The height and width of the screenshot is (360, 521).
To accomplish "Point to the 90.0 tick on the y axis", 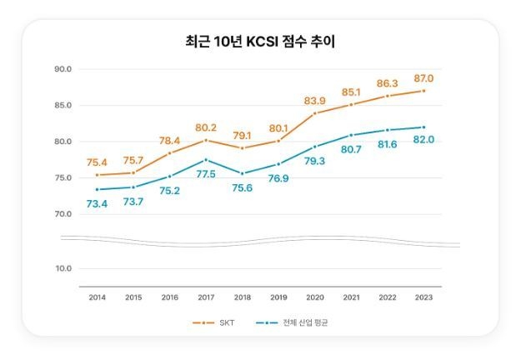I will click(x=63, y=68).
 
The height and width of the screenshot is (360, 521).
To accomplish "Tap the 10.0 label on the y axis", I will click(x=63, y=268).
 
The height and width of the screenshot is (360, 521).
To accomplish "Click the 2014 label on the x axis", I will click(x=98, y=297).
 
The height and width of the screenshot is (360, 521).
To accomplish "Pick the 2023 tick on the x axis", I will click(x=423, y=297).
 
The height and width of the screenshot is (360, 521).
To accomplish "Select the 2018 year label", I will click(x=242, y=297).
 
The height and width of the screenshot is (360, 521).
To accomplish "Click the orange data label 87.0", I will click(x=423, y=78).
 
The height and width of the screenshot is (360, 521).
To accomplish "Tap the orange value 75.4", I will click(x=98, y=162).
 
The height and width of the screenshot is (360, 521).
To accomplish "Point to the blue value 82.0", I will click(x=423, y=140).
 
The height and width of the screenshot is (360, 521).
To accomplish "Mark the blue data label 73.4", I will click(x=98, y=203).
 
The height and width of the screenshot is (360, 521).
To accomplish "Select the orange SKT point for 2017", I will click(x=206, y=139).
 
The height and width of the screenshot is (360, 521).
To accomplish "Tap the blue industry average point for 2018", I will click(x=242, y=173).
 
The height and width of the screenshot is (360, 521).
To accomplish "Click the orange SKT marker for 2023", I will click(x=423, y=91).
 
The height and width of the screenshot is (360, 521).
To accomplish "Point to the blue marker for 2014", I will click(x=98, y=189).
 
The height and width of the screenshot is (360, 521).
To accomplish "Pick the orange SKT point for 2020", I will click(x=315, y=113).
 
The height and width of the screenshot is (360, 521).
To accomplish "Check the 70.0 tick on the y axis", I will click(x=63, y=214).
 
